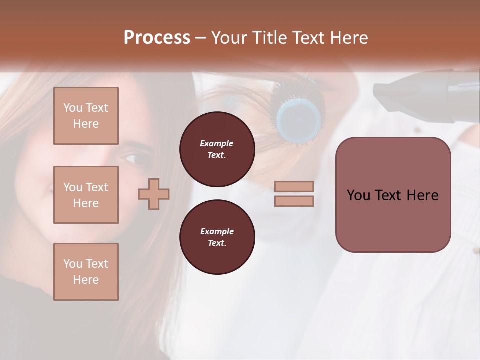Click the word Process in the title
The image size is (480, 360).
pyautogui.click(x=157, y=38)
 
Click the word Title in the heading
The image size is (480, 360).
pyautogui.click(x=268, y=38)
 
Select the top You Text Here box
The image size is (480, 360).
pyautogui.click(x=86, y=116)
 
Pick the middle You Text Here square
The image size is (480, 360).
pyautogui.click(x=86, y=195)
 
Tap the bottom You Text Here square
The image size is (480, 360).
pyautogui.click(x=86, y=272)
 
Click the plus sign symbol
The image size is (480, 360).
pyautogui.click(x=154, y=194)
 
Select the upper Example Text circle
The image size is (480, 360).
pyautogui.click(x=217, y=149)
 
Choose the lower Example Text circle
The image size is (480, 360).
pyautogui.click(x=217, y=237)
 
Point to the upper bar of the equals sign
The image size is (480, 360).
pyautogui.click(x=294, y=187)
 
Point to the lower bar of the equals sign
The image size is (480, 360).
pyautogui.click(x=294, y=201)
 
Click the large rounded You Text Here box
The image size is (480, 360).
pyautogui.click(x=393, y=195)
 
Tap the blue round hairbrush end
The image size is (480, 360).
pyautogui.click(x=299, y=119)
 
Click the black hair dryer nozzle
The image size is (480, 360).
pyautogui.click(x=395, y=93)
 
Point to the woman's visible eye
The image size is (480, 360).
pyautogui.click(x=132, y=159)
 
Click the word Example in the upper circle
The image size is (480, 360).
pyautogui.click(x=217, y=143)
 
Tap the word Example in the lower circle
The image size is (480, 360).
pyautogui.click(x=217, y=231)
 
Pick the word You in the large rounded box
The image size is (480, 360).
pyautogui.click(x=359, y=195)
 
